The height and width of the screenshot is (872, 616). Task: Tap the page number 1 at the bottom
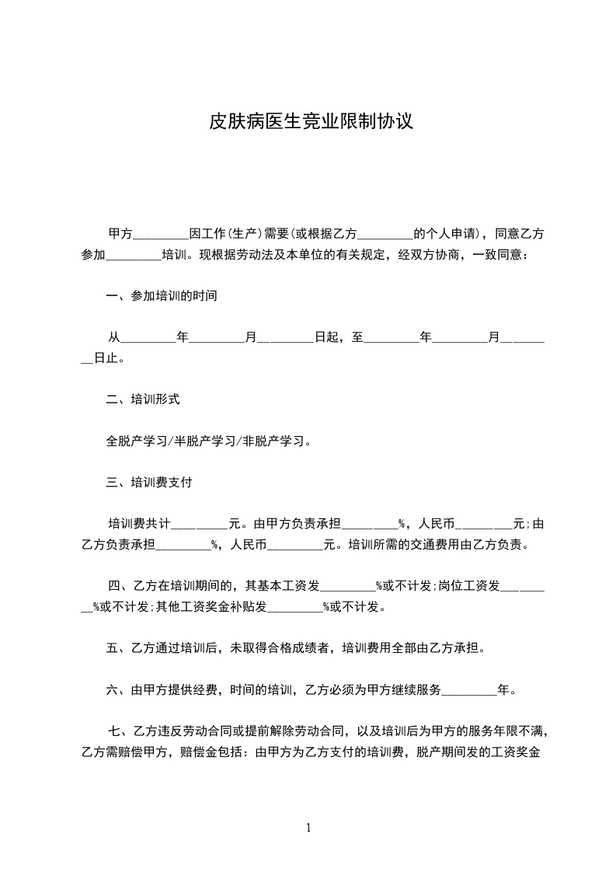pyautogui.click(x=308, y=827)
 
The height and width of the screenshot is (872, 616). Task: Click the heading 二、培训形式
pyautogui.click(x=143, y=400)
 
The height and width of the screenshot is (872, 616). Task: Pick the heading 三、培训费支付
pyautogui.click(x=149, y=482)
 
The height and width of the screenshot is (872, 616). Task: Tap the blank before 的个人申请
pyautogui.click(x=385, y=235)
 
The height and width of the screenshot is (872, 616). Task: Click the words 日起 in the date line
pyautogui.click(x=324, y=338)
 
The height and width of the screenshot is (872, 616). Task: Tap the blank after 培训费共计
pyautogui.click(x=200, y=524)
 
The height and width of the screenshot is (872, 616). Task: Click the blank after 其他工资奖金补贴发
pyautogui.click(x=294, y=607)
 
